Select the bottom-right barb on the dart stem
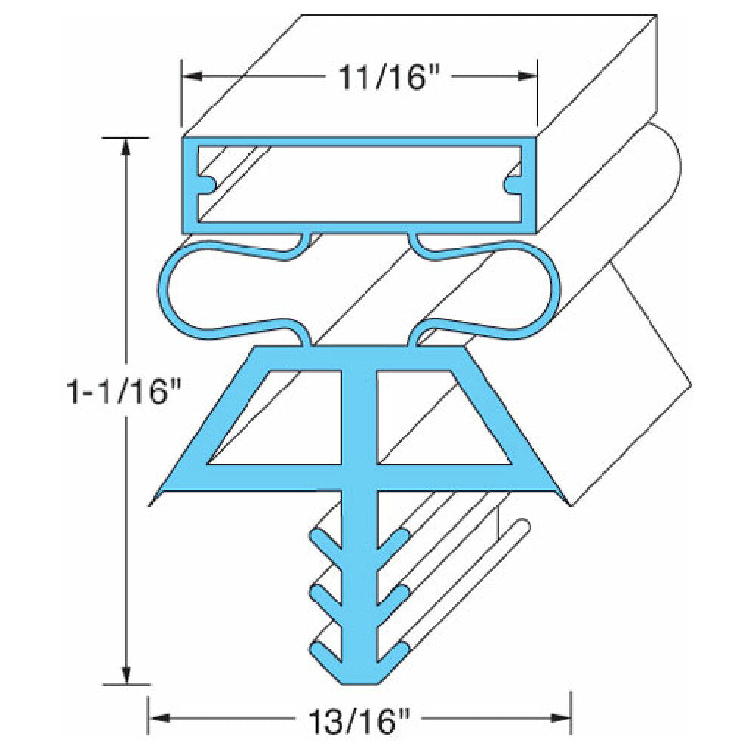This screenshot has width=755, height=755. (x=396, y=652)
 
